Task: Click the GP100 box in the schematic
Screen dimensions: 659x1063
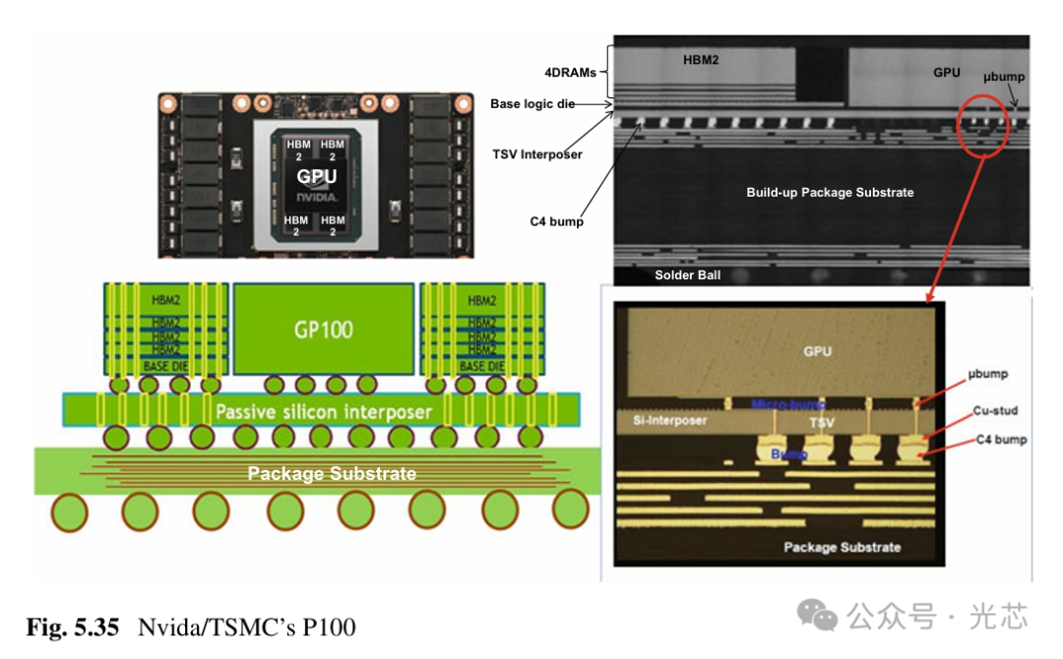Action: click(x=323, y=328)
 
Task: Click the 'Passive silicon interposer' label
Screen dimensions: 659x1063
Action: click(x=323, y=410)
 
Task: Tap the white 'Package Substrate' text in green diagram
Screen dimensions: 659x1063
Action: click(x=332, y=474)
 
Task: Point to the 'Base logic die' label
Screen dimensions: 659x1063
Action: click(x=532, y=103)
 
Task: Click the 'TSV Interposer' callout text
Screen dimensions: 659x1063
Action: click(x=537, y=154)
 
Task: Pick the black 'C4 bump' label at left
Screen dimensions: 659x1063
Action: click(x=557, y=221)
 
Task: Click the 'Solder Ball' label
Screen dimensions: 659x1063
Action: click(x=687, y=275)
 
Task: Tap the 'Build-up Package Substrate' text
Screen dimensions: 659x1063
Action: click(x=830, y=192)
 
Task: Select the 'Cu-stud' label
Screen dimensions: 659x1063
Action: click(x=994, y=411)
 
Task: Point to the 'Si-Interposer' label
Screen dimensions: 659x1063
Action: click(x=664, y=421)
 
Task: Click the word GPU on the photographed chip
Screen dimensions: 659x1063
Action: click(x=317, y=176)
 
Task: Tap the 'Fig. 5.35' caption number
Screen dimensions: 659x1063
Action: click(x=72, y=627)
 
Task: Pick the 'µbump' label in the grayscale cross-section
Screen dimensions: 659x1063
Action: click(x=1004, y=76)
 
